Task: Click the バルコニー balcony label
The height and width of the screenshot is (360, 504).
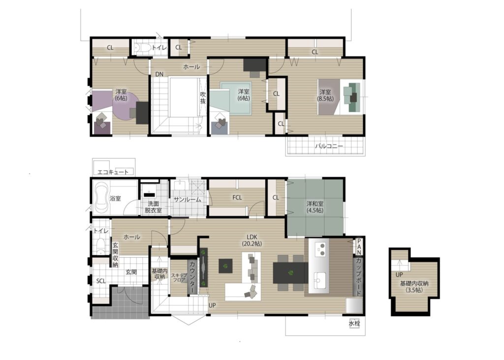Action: point(328,146)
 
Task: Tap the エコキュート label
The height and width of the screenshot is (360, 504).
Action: point(113,172)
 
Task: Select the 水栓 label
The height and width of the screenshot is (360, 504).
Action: point(354,324)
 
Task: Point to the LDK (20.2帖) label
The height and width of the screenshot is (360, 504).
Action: point(252,240)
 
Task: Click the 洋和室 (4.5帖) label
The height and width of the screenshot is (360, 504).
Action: point(315,207)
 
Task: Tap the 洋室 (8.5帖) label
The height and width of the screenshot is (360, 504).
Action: point(325,95)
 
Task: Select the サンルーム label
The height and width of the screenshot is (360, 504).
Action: point(188,200)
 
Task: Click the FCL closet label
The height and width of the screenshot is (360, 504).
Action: point(237,198)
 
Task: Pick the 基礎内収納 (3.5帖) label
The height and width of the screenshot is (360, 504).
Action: point(414,287)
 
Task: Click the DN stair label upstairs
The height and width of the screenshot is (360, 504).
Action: point(159,74)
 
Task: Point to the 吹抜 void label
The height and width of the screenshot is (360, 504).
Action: point(203,98)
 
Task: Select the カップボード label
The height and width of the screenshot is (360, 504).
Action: point(359,276)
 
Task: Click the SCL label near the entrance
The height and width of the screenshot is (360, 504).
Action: point(101,281)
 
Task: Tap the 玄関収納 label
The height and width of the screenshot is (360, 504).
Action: point(115,255)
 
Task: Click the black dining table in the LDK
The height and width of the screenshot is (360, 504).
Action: point(290,272)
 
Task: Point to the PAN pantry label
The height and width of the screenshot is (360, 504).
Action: point(359,246)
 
